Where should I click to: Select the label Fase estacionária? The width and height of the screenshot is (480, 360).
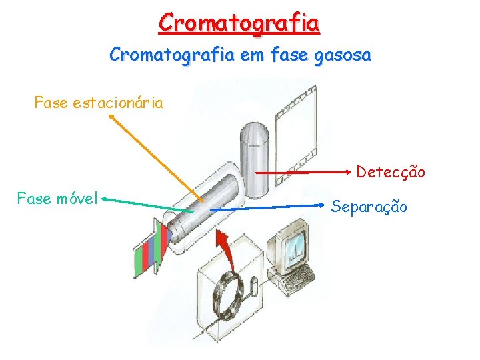99,103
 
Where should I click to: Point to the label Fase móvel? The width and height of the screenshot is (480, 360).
58,198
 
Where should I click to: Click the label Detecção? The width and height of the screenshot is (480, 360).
390,172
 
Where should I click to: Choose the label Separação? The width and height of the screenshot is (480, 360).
369,206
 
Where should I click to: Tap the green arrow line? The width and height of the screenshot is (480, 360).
147,205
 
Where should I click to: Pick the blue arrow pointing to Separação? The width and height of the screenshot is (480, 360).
267,209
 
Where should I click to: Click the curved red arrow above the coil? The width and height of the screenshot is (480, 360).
227,249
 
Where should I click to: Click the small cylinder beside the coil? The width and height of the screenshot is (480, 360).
254,287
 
